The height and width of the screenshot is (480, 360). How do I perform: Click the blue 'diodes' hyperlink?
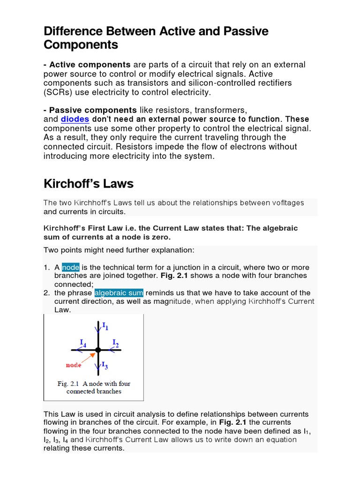pyautogui.click(x=75, y=119)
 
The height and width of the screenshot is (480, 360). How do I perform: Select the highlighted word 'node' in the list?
pyautogui.click(x=70, y=267)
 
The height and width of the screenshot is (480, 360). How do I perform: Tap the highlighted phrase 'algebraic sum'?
pyautogui.click(x=119, y=293)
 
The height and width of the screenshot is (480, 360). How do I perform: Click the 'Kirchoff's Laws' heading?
pyautogui.click(x=89, y=184)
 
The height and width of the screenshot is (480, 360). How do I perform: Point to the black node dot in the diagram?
pyautogui.click(x=97, y=350)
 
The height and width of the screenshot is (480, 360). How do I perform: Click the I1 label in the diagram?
pyautogui.click(x=105, y=325)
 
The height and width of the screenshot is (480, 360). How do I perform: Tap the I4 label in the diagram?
pyautogui.click(x=82, y=343)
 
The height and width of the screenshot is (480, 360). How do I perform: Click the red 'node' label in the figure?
pyautogui.click(x=73, y=365)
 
